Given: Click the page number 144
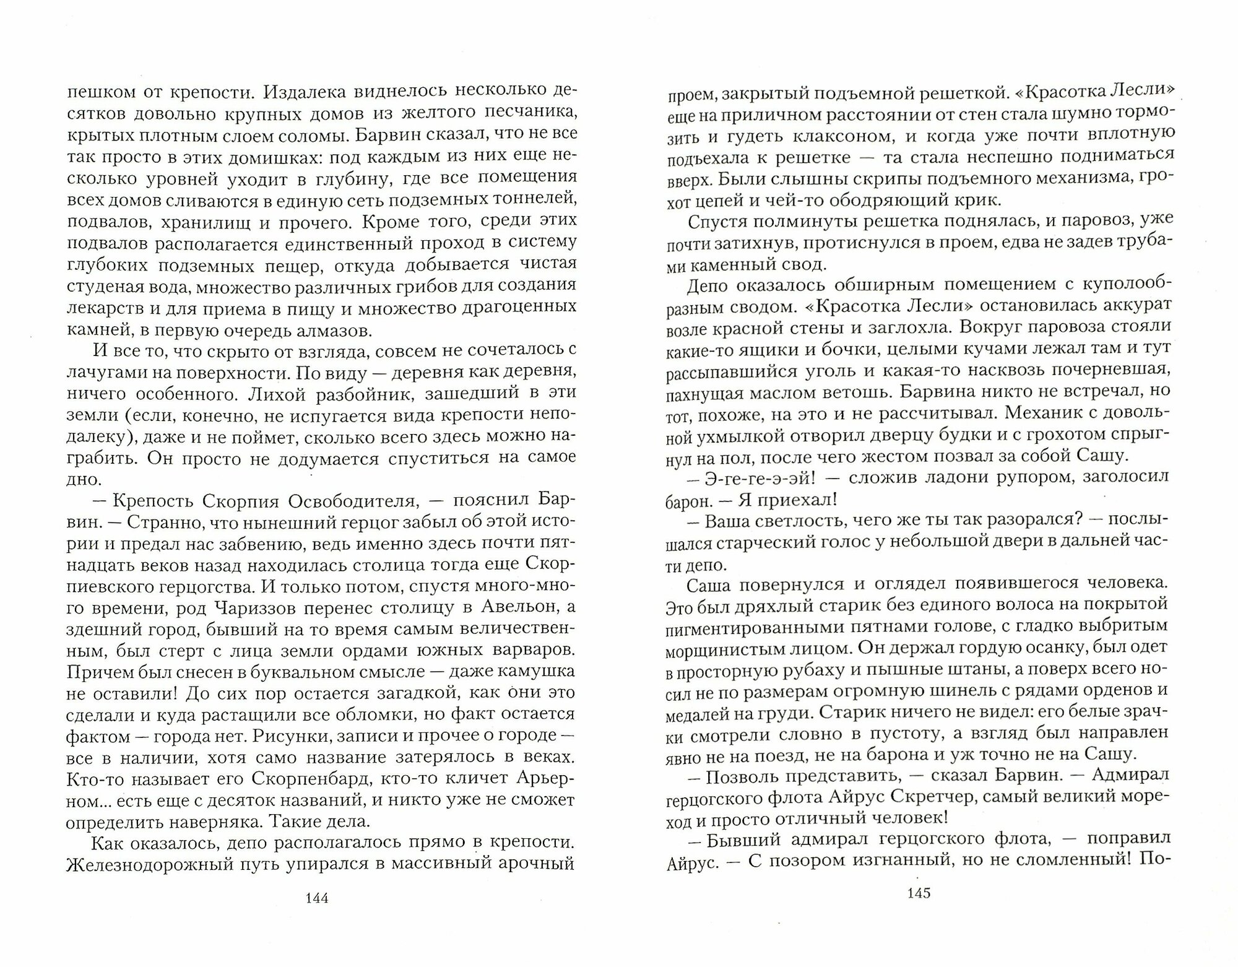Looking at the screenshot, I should (x=317, y=898).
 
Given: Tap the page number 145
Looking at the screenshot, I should (x=919, y=893).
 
